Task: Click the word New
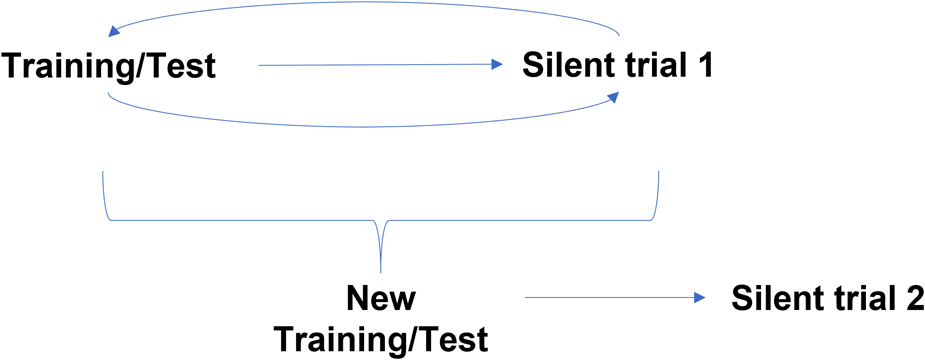[381, 299]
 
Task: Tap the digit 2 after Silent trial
[908, 298]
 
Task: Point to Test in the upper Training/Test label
[183, 69]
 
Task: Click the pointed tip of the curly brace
[381, 268]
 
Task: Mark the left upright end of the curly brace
[103, 180]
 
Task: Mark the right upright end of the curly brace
[659, 180]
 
